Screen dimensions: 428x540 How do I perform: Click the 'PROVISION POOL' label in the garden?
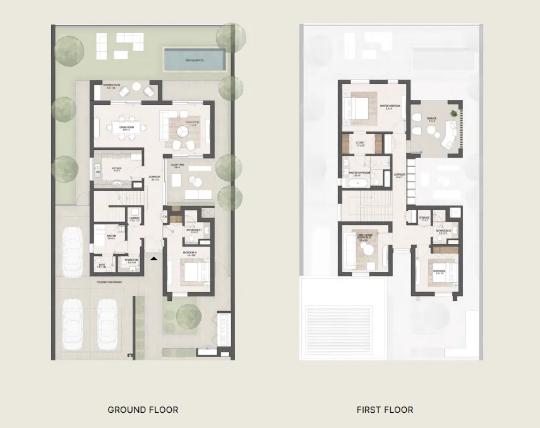[x=195, y=60]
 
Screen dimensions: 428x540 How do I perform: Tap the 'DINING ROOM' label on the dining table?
[x=128, y=127]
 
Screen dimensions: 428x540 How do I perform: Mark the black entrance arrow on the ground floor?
[x=153, y=258]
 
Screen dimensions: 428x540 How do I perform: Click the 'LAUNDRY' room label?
[x=134, y=219]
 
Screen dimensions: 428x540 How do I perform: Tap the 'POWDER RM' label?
[x=132, y=259]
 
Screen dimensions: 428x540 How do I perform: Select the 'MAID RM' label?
[x=111, y=236]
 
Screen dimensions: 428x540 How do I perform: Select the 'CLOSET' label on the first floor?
[x=360, y=143]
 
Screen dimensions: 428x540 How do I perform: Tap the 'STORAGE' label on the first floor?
[x=424, y=217]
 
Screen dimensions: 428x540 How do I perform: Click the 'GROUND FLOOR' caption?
[x=143, y=410]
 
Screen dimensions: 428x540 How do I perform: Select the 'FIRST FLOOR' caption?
[x=385, y=410]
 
